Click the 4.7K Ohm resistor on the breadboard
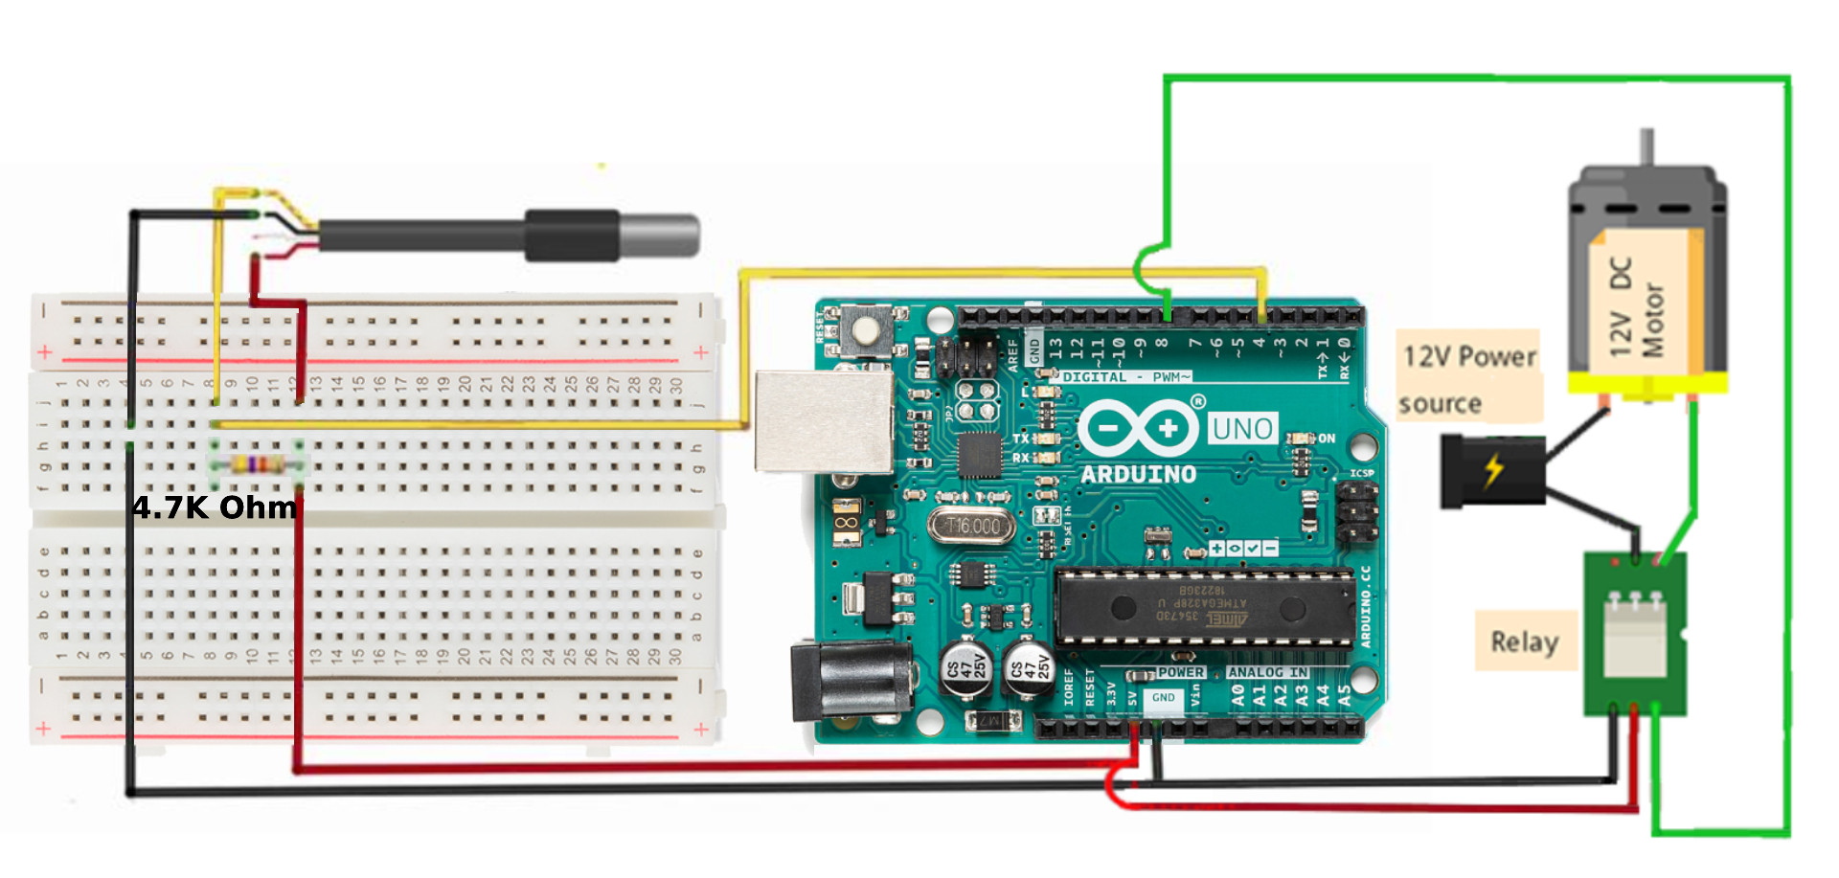click(257, 464)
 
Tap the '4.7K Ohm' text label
click(215, 507)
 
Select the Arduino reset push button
click(866, 330)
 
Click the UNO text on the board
click(1242, 429)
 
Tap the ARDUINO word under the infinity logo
click(1138, 474)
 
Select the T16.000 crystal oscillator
click(971, 527)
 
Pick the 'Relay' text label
click(1525, 642)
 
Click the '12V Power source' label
click(1469, 378)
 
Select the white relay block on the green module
click(1635, 637)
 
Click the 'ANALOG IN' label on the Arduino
click(1268, 672)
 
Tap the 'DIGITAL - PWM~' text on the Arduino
click(1126, 377)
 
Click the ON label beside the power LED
click(1327, 439)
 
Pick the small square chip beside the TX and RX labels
click(979, 454)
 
